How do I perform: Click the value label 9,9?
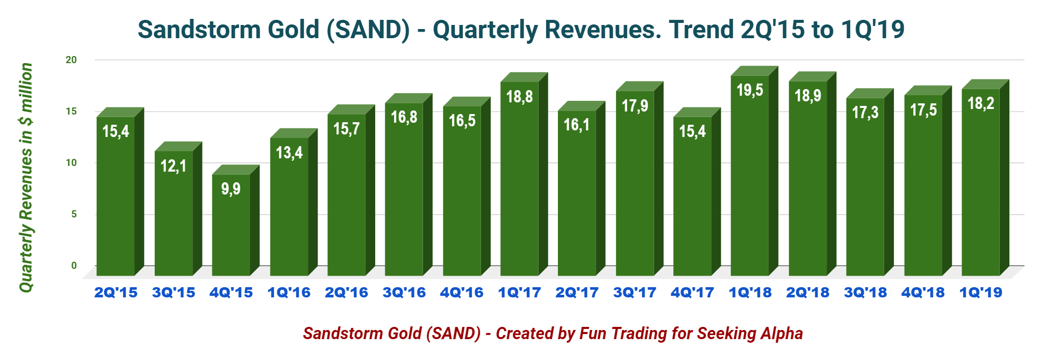(231, 189)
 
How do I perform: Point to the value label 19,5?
(750, 90)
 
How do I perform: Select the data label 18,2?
(980, 103)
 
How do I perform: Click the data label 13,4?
(289, 152)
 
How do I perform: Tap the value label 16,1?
(577, 124)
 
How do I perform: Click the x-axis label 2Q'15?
(116, 293)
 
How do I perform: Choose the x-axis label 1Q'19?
(980, 293)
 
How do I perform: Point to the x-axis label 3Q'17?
(635, 293)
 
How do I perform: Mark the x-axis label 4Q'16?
(462, 293)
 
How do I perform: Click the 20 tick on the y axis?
(71, 60)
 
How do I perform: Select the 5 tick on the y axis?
(74, 214)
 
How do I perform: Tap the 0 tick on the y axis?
(74, 265)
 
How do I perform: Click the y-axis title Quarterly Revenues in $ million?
(26, 177)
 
